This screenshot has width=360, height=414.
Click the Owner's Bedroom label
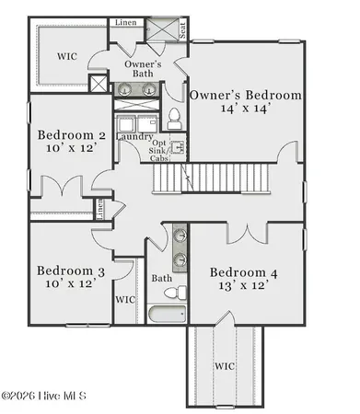tap(245, 95)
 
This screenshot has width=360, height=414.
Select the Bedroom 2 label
tap(71, 135)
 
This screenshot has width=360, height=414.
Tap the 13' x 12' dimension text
tap(243, 286)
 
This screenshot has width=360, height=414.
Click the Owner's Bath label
tap(144, 69)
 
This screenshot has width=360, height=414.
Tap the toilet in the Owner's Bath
tap(174, 118)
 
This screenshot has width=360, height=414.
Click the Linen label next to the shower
tap(125, 22)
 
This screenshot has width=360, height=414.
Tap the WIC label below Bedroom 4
tap(225, 366)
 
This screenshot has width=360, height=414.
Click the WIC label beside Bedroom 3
tap(125, 299)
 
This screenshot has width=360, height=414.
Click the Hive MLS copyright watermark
tap(44, 396)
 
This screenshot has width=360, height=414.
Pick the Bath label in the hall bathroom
tap(162, 278)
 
